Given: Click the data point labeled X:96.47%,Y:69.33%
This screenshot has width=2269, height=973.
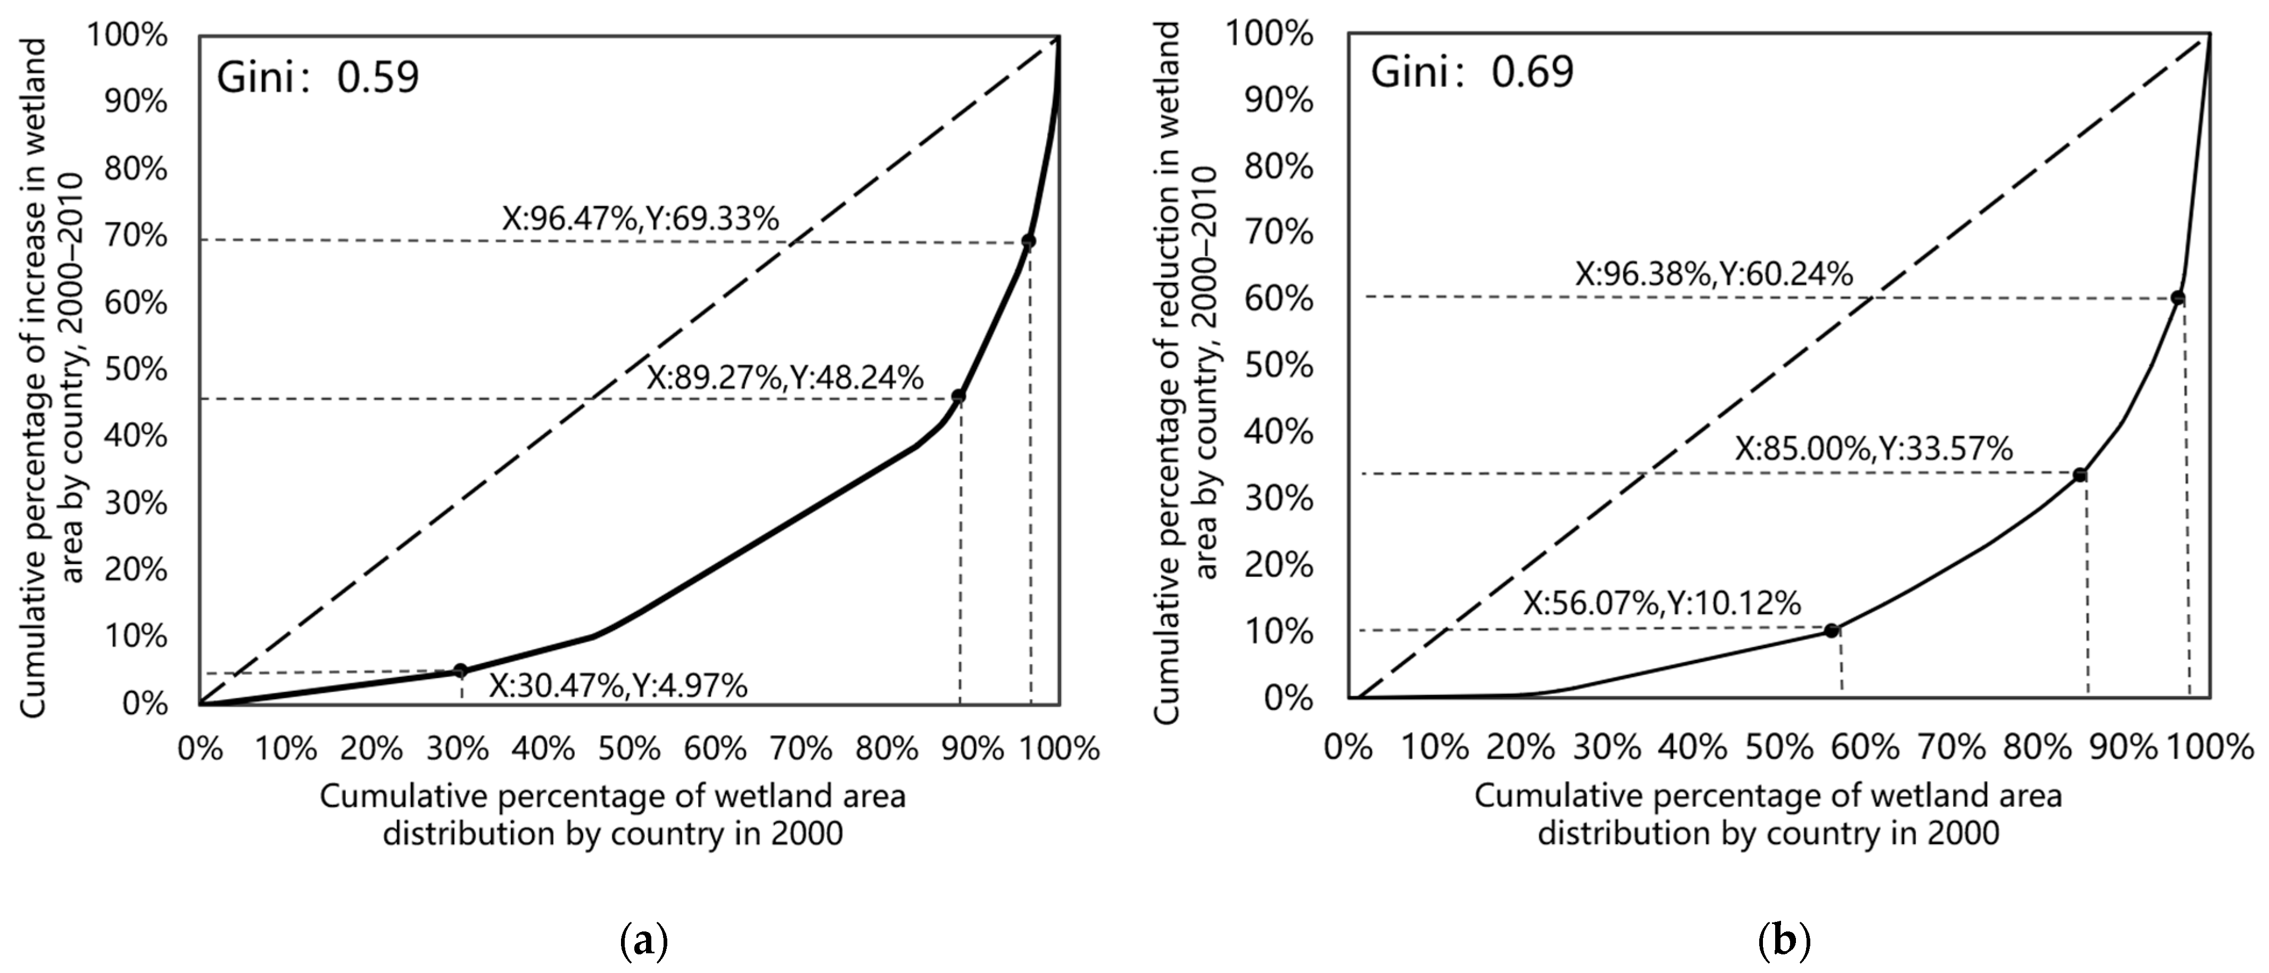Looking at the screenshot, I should pos(1028,241).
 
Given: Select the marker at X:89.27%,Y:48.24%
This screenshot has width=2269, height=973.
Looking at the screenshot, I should pos(958,397).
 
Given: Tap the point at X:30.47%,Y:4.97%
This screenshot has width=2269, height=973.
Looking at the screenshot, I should pos(460,671).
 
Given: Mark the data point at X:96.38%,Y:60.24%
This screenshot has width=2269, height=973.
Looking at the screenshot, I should pos(2177,298).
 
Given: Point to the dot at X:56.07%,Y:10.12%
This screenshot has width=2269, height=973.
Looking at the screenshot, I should pos(1831,630).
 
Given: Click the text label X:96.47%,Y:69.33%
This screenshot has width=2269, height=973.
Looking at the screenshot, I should pos(640,218).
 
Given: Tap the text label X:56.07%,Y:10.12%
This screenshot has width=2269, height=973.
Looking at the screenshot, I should pos(1662,604).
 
